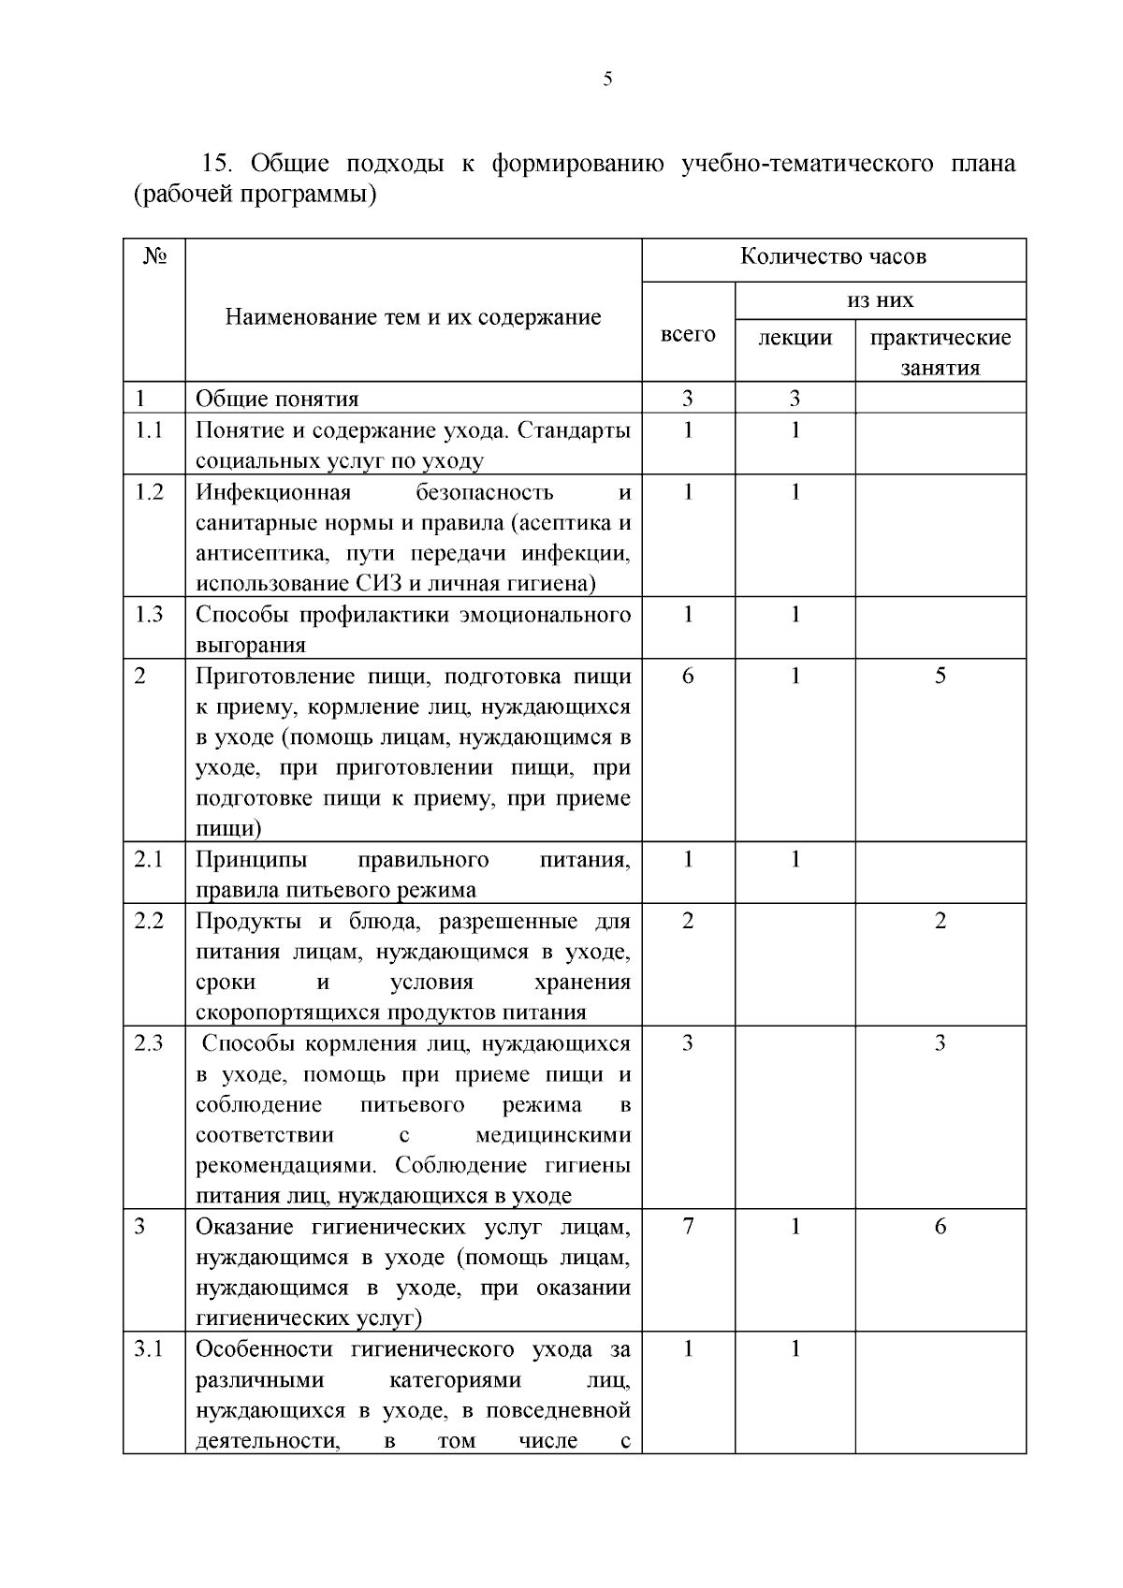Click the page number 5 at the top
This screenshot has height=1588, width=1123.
pyautogui.click(x=607, y=80)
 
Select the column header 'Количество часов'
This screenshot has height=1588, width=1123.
pyautogui.click(x=833, y=256)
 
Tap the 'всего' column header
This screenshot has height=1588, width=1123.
pyautogui.click(x=688, y=334)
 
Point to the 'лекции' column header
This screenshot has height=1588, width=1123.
pyautogui.click(x=795, y=337)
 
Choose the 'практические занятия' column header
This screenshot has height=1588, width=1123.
pyautogui.click(x=941, y=352)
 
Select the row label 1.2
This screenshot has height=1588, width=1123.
pyautogui.click(x=149, y=491)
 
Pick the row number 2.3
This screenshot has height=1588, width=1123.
pyautogui.click(x=149, y=1042)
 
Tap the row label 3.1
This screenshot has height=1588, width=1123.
pyautogui.click(x=149, y=1348)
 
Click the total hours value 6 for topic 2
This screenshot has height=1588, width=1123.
pyautogui.click(x=688, y=676)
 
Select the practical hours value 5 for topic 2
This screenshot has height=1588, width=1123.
pyautogui.click(x=940, y=676)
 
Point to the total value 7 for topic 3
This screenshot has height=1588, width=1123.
pyautogui.click(x=688, y=1226)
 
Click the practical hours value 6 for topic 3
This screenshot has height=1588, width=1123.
pyautogui.click(x=940, y=1226)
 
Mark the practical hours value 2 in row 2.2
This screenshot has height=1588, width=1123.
pyautogui.click(x=940, y=920)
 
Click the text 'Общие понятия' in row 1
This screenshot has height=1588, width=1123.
pyautogui.click(x=277, y=399)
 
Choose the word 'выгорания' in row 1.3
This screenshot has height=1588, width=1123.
pyautogui.click(x=250, y=646)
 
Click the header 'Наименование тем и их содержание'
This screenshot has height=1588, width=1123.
pyautogui.click(x=413, y=317)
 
